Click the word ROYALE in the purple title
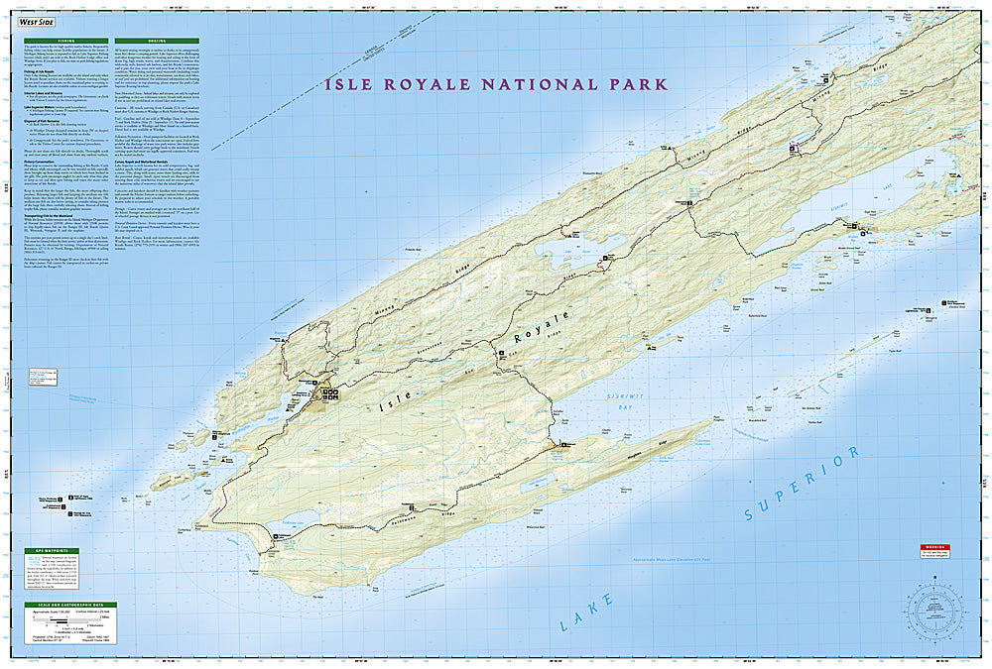(x=436, y=85)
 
